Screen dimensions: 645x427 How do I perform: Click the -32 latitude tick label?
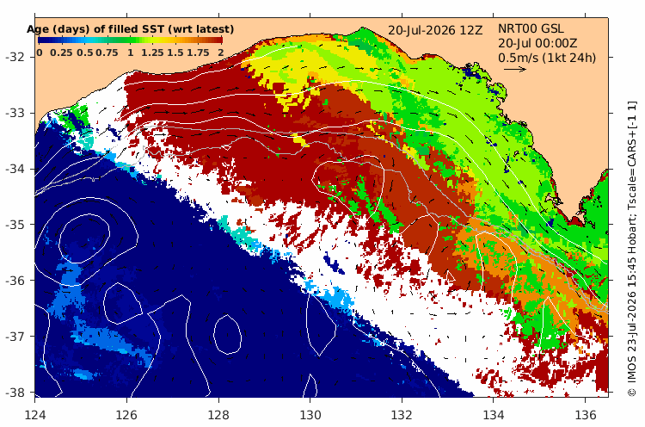[x=15, y=57]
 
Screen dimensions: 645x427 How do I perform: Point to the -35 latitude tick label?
[x=15, y=225]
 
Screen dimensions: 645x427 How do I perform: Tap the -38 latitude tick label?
[x=15, y=393]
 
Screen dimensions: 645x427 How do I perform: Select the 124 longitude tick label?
[x=35, y=415]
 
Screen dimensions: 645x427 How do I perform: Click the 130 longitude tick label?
[x=310, y=415]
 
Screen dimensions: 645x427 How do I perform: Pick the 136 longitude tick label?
[x=586, y=415]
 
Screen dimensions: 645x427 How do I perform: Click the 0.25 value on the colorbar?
[x=61, y=53]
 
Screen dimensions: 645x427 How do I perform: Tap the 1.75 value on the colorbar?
[x=199, y=53]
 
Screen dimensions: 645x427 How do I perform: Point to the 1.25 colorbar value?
[x=152, y=53]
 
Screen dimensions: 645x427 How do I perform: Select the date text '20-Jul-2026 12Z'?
[x=435, y=30]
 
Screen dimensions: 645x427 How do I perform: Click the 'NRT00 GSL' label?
[x=531, y=28]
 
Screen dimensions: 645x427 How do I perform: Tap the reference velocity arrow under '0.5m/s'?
[x=515, y=69]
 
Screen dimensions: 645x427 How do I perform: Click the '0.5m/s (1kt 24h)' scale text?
[x=547, y=58]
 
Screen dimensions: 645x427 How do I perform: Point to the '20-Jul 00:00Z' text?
[x=537, y=43]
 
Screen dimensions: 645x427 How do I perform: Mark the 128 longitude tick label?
[x=218, y=415]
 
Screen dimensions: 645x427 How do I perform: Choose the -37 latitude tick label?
[x=15, y=337]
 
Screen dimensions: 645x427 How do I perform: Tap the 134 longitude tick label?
[x=494, y=415]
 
